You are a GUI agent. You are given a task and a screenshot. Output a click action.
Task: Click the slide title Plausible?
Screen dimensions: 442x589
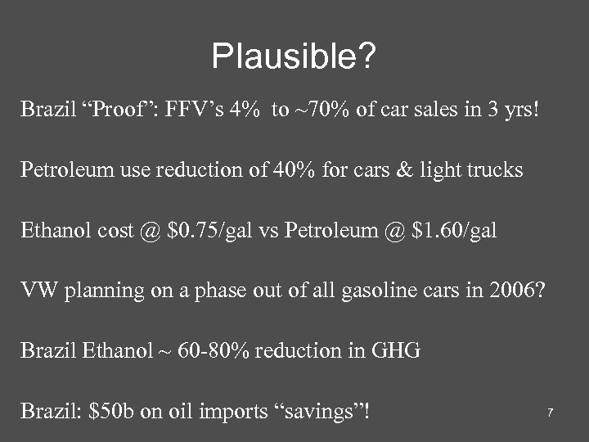click(294, 56)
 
